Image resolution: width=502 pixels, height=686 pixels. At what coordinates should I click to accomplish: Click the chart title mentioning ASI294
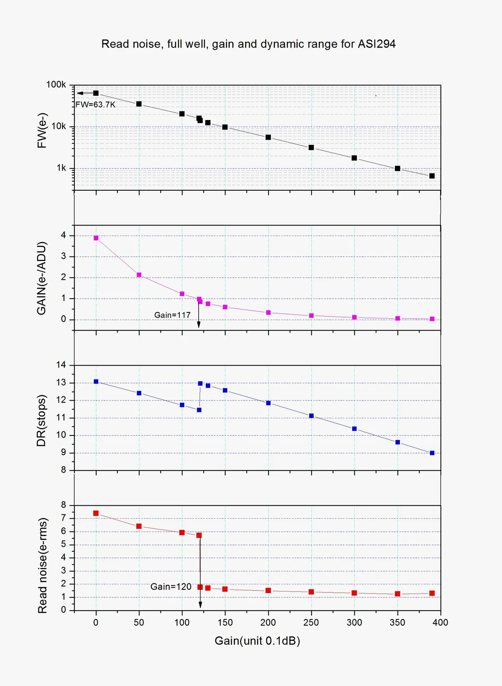pos(248,44)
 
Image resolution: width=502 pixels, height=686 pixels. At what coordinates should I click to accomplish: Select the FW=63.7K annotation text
pos(95,105)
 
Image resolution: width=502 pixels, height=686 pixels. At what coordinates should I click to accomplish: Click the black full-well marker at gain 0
pos(96,93)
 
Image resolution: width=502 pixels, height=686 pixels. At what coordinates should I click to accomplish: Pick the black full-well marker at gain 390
pos(432,176)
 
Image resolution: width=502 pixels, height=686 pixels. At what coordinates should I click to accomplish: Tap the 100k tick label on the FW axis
pos(56,85)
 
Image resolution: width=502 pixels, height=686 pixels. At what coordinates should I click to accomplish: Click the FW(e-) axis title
pos(42,131)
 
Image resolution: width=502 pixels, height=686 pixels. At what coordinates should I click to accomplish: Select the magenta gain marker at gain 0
pos(96,238)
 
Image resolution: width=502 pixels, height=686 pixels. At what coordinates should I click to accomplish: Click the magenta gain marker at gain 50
pos(139,275)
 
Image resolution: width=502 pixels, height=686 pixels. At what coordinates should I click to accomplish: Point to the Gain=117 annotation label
pos(172,315)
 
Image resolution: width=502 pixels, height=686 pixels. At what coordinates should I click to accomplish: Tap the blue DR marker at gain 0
pos(96,381)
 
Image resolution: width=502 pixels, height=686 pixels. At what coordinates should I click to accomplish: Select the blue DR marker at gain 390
pos(432,453)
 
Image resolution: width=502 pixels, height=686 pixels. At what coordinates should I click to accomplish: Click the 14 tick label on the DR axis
pos(61,365)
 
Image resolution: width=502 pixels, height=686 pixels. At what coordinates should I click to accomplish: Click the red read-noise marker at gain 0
pos(96,513)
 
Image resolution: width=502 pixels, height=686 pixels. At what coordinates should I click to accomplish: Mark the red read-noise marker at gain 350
pos(397,594)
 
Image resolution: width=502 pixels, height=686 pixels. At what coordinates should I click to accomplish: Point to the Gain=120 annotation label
pos(171,587)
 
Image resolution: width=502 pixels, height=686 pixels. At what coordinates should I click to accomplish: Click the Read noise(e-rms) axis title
pos(42,566)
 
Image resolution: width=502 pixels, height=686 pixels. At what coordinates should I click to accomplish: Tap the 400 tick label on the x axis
pos(440,622)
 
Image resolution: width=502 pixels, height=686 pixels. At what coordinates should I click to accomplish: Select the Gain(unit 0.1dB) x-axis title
pos(257,641)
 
